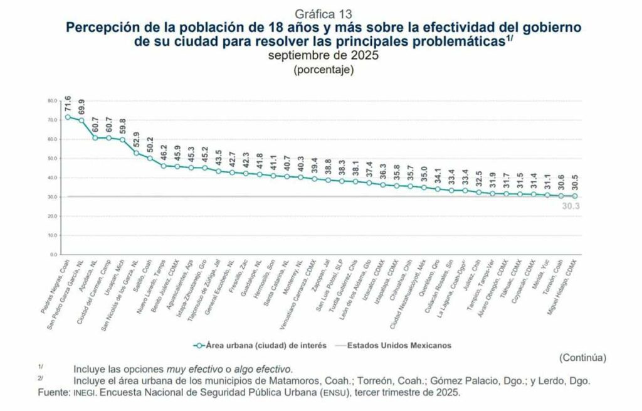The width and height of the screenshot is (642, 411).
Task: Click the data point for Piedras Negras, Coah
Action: point(67,117)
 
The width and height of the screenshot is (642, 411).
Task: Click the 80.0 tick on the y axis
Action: point(52,100)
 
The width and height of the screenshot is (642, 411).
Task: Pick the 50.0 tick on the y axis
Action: point(52,158)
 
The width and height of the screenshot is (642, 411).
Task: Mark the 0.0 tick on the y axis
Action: point(53,255)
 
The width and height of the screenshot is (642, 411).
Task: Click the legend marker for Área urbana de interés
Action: point(199,344)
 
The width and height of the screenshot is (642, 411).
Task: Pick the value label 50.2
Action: point(150,147)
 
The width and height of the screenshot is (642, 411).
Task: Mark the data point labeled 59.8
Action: point(122,139)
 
